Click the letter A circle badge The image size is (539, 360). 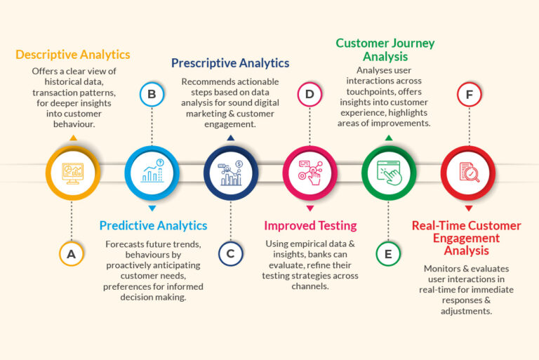(x=71, y=254)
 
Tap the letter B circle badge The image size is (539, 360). (x=151, y=94)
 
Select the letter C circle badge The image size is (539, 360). (x=230, y=254)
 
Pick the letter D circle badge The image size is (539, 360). (x=309, y=94)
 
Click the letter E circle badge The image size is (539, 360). (x=388, y=254)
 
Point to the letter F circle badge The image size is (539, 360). (x=468, y=94)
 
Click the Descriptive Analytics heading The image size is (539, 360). (x=73, y=55)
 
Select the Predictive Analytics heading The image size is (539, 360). (x=153, y=226)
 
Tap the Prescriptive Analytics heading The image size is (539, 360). (x=230, y=63)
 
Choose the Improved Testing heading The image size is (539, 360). (x=310, y=226)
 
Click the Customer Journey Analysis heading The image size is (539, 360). (x=385, y=50)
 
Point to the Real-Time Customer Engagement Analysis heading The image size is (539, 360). (x=466, y=238)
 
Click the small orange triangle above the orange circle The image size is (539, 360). (x=72, y=138)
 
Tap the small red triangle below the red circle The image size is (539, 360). (x=468, y=208)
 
